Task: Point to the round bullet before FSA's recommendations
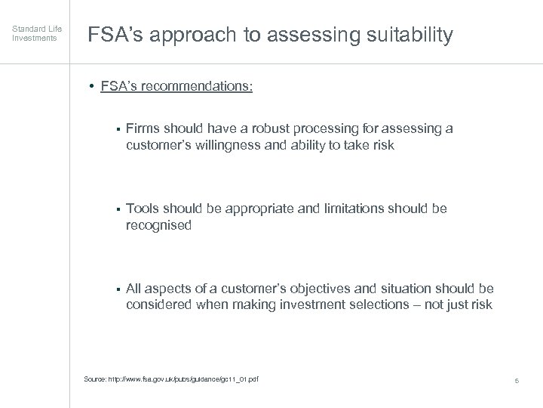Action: [90, 86]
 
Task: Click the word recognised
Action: [158, 224]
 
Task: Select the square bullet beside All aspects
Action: [119, 289]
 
